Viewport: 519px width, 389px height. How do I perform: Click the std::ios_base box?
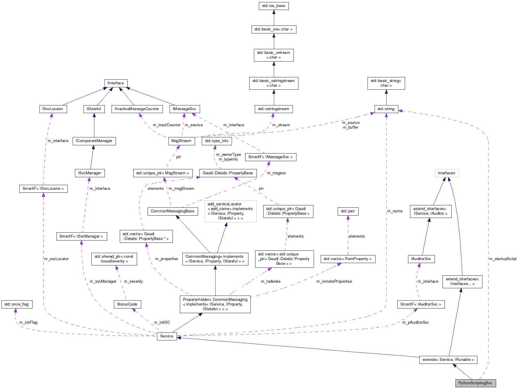(274, 6)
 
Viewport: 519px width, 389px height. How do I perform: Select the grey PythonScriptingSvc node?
(475, 383)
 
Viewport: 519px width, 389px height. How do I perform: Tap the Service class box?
(167, 336)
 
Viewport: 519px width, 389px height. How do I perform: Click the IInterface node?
(116, 83)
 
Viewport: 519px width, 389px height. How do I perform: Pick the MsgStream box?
(181, 141)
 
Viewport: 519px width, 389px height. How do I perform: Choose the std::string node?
(386, 109)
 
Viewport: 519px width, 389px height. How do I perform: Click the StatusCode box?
(127, 304)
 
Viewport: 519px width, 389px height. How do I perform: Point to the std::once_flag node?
(17, 304)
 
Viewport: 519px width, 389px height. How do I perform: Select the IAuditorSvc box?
(421, 259)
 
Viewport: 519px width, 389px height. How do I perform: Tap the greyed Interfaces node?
(446, 173)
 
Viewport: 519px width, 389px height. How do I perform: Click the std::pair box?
(348, 211)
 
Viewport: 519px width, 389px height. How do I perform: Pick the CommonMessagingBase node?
(173, 211)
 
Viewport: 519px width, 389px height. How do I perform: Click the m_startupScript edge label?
(503, 259)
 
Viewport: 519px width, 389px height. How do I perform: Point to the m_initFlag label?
(28, 323)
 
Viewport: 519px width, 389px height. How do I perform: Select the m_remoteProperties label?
(334, 281)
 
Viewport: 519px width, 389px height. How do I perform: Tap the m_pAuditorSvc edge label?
(415, 323)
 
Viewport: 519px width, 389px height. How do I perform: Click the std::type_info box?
(217, 141)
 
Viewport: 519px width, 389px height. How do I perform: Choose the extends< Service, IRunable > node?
(448, 360)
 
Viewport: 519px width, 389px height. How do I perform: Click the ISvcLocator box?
(53, 109)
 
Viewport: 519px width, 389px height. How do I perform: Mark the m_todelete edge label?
(271, 281)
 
